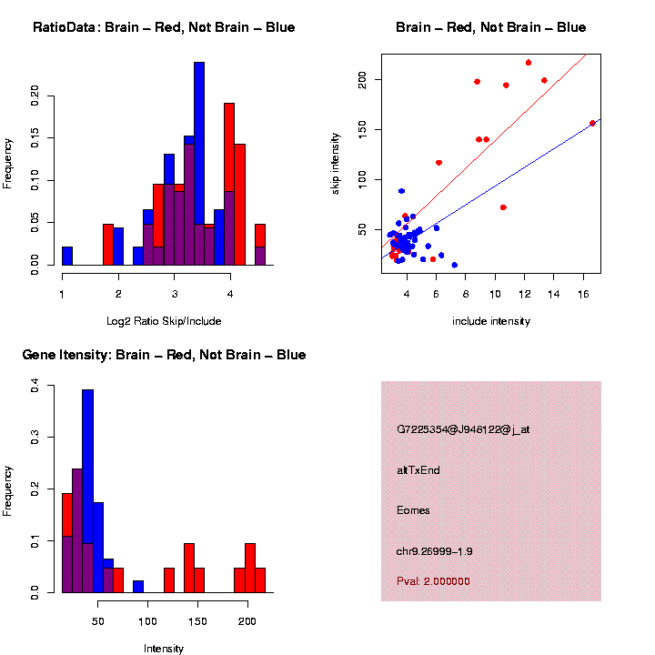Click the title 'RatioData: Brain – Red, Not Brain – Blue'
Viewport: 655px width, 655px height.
[164, 27]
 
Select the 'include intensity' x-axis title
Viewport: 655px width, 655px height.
[491, 321]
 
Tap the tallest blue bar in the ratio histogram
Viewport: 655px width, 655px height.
[199, 164]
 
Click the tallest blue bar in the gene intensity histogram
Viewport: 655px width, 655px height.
[88, 491]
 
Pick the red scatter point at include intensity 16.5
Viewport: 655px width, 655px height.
[592, 123]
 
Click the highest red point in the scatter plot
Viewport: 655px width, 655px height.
[529, 63]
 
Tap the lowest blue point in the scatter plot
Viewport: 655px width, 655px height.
[454, 265]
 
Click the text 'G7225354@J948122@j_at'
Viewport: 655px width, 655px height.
[463, 429]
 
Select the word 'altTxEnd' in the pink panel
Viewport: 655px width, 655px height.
[418, 470]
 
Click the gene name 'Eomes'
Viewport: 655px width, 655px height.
[414, 510]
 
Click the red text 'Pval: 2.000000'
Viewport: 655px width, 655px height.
[434, 581]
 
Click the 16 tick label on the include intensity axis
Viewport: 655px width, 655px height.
[582, 295]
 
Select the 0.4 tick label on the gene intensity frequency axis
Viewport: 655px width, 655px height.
[36, 387]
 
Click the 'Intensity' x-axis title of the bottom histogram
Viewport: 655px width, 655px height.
[164, 649]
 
